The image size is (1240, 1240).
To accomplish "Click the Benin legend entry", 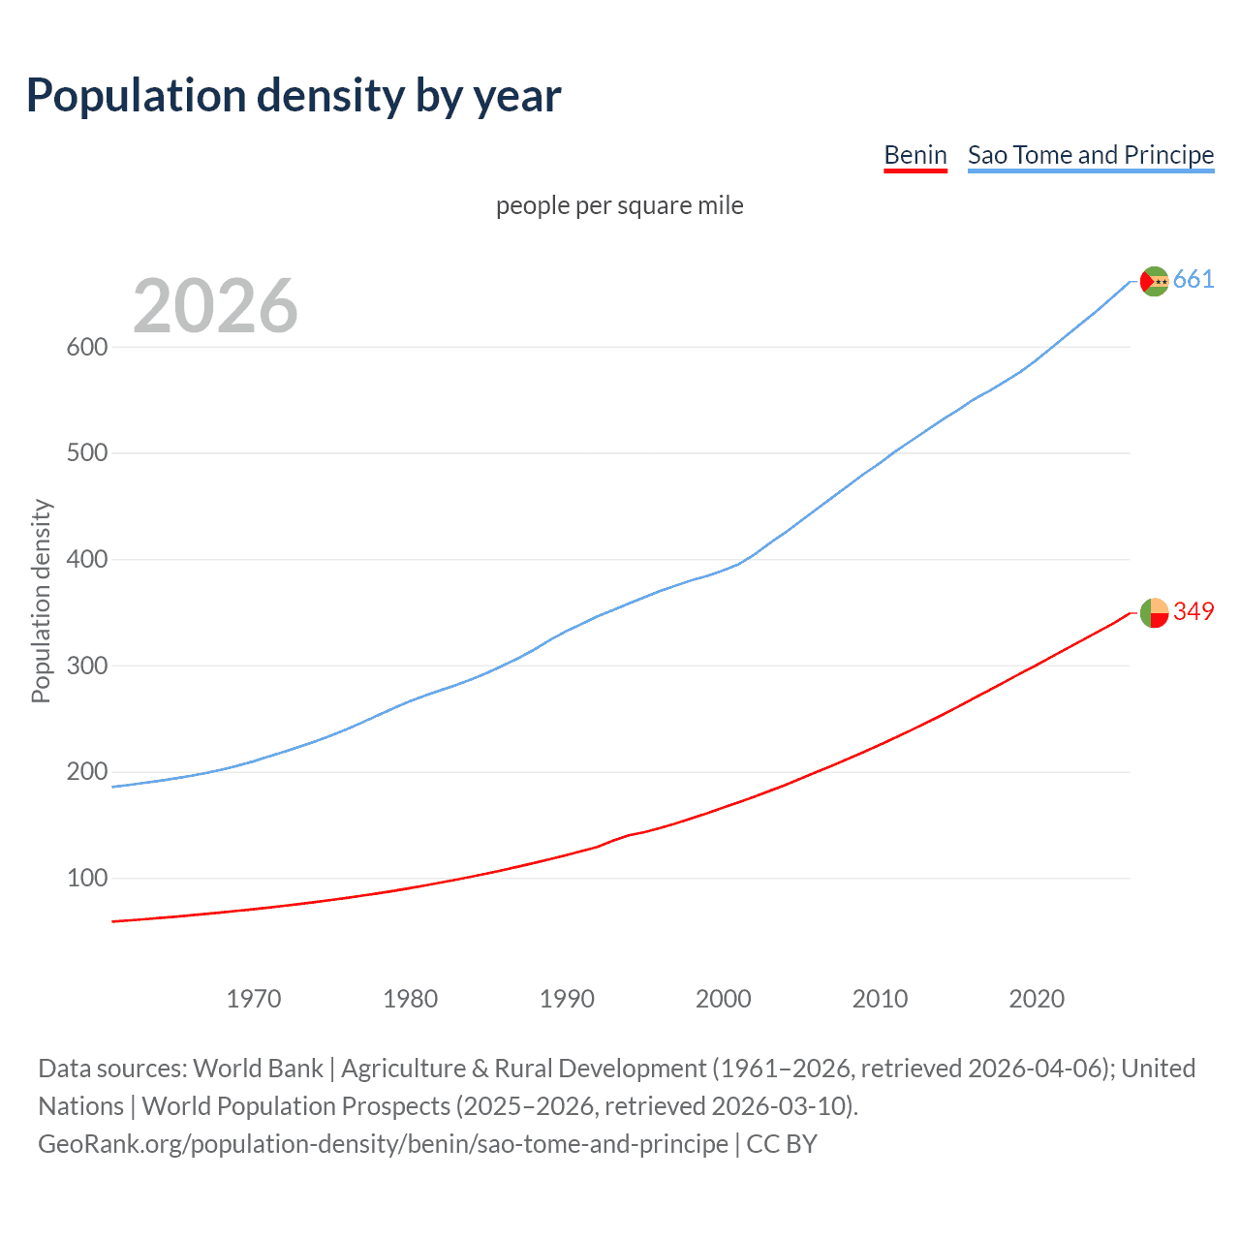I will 914,155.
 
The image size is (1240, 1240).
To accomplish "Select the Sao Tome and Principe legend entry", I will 1090,155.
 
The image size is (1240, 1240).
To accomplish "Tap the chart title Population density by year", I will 294,96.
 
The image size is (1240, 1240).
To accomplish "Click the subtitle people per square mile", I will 619,205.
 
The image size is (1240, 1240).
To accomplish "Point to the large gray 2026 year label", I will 215,306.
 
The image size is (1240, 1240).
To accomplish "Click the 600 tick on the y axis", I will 86,347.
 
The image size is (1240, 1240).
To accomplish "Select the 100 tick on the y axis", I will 86,879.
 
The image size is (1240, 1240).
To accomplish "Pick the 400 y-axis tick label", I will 86,560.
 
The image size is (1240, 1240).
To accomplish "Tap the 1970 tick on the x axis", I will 254,999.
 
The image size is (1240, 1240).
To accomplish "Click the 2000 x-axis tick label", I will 723,999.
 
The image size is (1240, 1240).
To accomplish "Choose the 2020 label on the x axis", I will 1037,999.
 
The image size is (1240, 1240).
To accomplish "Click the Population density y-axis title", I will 41,601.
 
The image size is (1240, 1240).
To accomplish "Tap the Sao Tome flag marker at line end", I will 1154,281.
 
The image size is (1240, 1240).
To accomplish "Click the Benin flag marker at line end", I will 1154,612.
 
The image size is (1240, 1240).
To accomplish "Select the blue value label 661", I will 1193,280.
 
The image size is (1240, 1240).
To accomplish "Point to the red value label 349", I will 1193,611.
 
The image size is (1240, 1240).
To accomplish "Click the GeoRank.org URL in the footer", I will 383,1144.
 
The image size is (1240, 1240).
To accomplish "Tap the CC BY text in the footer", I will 782,1144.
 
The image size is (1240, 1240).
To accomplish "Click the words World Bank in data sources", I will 258,1069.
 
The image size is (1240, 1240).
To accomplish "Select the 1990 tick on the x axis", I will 567,999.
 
